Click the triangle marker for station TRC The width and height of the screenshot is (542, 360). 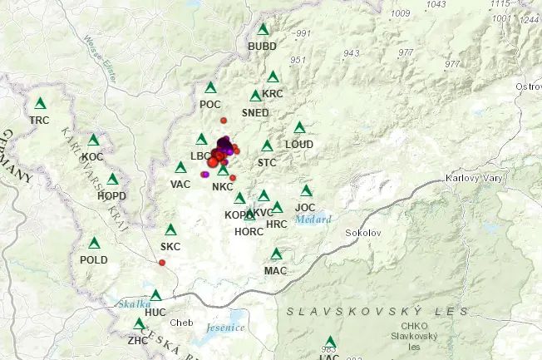[x=39, y=104]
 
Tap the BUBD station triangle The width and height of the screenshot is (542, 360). [x=264, y=29]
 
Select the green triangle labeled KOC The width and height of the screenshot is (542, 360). [x=93, y=140]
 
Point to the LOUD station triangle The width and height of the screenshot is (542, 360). [x=299, y=128]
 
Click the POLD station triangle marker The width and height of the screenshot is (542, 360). [x=94, y=243]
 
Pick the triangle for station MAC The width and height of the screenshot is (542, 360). [x=276, y=254]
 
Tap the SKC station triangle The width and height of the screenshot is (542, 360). [x=170, y=229]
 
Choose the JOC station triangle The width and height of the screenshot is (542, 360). [x=306, y=190]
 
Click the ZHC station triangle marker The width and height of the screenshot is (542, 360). [x=139, y=323]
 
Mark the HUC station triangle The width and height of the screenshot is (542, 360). [x=155, y=295]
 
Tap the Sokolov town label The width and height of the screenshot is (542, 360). [x=362, y=233]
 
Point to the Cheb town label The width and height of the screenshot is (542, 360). [x=180, y=323]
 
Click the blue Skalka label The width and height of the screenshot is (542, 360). [x=132, y=304]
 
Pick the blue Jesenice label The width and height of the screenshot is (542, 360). [x=225, y=327]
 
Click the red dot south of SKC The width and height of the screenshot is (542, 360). [x=162, y=263]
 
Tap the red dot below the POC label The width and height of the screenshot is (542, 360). [x=224, y=121]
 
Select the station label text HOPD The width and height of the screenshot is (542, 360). [x=111, y=195]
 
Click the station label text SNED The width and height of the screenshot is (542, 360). [x=255, y=112]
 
